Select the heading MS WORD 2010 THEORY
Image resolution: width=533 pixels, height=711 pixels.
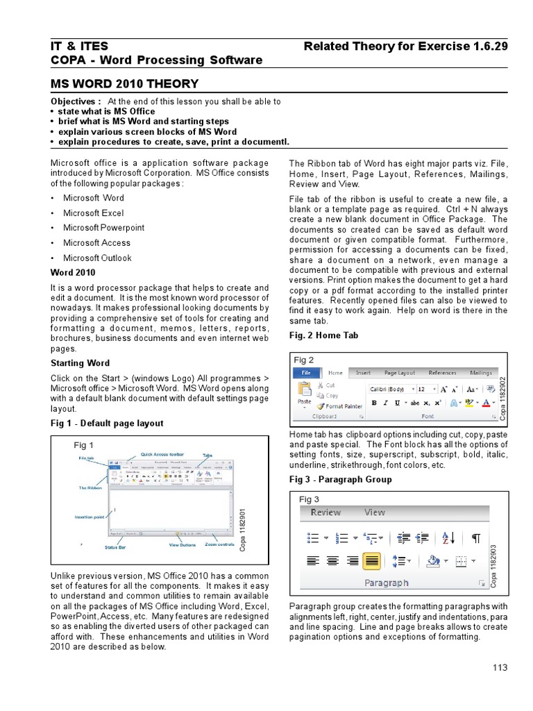[x=125, y=84]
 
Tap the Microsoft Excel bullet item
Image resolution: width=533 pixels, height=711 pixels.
[x=93, y=212]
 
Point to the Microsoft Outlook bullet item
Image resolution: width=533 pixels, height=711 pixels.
[x=97, y=258]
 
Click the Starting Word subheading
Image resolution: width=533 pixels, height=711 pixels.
[x=80, y=363]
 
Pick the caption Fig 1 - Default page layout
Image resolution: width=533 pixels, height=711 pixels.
[x=107, y=423]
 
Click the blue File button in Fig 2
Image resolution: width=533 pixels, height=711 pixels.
[x=305, y=372]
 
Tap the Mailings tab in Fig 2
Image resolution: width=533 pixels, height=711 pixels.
[x=480, y=372]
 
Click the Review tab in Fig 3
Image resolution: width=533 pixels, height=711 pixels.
[x=325, y=512]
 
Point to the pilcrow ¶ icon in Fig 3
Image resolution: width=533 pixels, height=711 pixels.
[x=475, y=537]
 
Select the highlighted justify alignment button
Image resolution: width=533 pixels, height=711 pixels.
[x=372, y=560]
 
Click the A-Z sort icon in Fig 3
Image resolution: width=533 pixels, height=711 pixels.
[x=448, y=537]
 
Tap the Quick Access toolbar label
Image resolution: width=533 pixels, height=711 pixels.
[x=162, y=455]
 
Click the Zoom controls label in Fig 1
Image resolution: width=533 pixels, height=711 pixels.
[x=219, y=545]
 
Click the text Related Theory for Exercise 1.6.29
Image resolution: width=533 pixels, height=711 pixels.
[x=406, y=46]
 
